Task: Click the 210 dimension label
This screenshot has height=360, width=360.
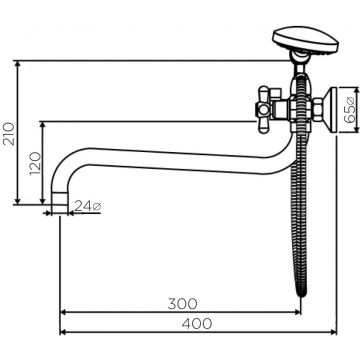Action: click(9, 134)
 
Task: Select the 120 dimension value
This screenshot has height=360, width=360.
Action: click(35, 163)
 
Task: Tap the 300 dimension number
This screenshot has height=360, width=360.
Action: click(183, 304)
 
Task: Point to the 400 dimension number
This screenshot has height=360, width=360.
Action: click(197, 323)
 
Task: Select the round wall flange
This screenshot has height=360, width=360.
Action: click(332, 109)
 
